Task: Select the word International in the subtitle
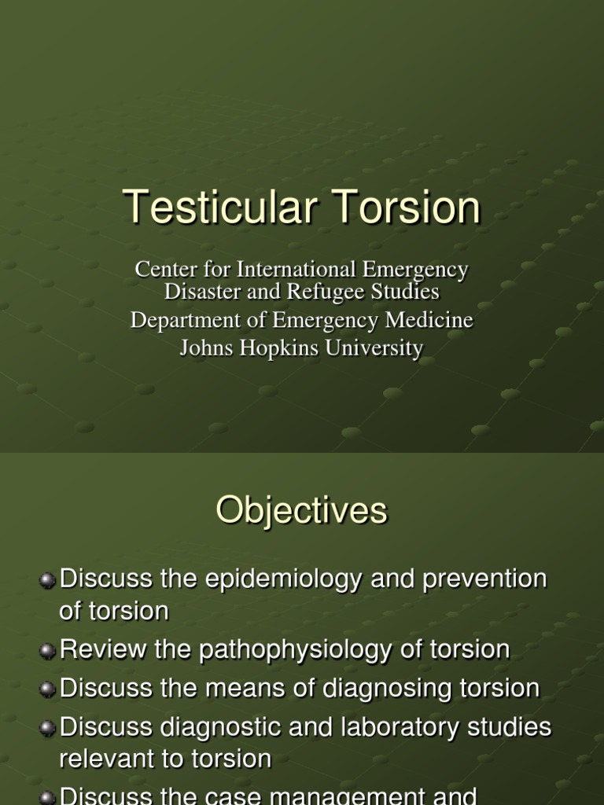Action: (x=297, y=270)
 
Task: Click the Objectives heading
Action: (x=302, y=511)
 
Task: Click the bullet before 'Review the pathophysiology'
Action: (x=48, y=651)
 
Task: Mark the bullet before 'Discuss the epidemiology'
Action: (x=48, y=580)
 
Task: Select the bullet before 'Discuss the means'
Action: (x=48, y=689)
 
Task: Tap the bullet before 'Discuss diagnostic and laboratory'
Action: (x=48, y=728)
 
